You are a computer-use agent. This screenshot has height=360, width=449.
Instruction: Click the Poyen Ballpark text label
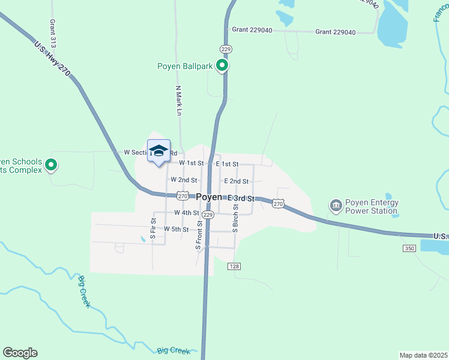[x=185, y=67]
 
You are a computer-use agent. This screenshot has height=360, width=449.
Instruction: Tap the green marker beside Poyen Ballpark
[x=222, y=65]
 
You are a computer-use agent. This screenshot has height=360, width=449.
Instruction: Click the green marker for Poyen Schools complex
[x=52, y=164]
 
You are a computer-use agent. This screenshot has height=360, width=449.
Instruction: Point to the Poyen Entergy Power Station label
[x=371, y=206]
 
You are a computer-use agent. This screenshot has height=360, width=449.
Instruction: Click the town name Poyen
[x=209, y=197]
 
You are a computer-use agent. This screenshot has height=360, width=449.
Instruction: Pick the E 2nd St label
[x=236, y=181]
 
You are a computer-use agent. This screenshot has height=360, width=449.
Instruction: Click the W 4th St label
[x=187, y=212]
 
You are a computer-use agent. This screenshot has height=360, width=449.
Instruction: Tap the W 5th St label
[x=176, y=229]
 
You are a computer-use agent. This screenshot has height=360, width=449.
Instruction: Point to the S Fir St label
[x=154, y=229]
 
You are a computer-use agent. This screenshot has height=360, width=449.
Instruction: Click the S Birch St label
[x=236, y=217]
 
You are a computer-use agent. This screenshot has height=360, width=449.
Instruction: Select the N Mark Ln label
[x=178, y=101]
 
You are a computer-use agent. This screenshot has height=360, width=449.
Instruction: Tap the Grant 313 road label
[x=53, y=34]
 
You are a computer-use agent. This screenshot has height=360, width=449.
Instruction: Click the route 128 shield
[x=235, y=266]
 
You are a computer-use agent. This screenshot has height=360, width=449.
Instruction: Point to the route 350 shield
[x=409, y=248]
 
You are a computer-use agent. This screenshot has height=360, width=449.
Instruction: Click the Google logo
[x=20, y=353]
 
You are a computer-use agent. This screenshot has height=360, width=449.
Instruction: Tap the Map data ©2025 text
[x=423, y=355]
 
